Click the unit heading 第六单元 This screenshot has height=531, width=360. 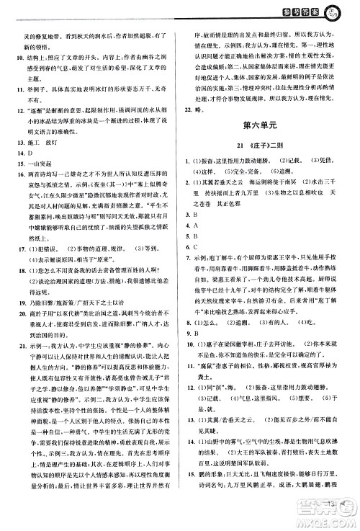[x=266, y=125]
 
